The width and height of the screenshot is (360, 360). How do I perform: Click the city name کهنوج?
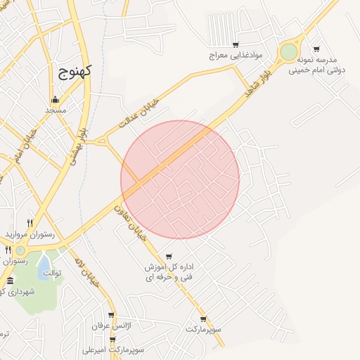pos(72,72)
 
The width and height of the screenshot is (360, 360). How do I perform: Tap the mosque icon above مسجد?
pos(55,99)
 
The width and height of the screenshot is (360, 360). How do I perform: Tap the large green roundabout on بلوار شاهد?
pos(288,51)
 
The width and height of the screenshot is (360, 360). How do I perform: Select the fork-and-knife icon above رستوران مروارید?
pos(30,223)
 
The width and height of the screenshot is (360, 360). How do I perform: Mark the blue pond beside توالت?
pos(43,269)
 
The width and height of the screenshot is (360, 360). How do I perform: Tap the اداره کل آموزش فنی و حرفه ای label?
pos(169,273)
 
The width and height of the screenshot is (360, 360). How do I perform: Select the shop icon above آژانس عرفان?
pos(111,316)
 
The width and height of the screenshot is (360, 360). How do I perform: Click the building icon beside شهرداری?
pos(9,281)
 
